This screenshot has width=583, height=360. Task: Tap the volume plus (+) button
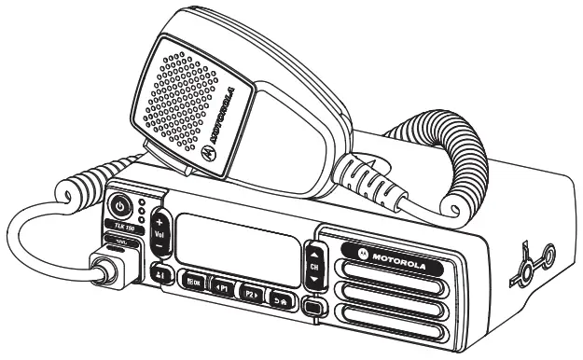pos(159,222)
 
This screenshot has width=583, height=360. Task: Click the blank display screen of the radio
pos(234,237)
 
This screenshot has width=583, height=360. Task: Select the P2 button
pos(250,291)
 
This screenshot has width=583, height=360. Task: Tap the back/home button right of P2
pos(279,298)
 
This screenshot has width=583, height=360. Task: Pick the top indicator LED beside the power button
pos(140,201)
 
